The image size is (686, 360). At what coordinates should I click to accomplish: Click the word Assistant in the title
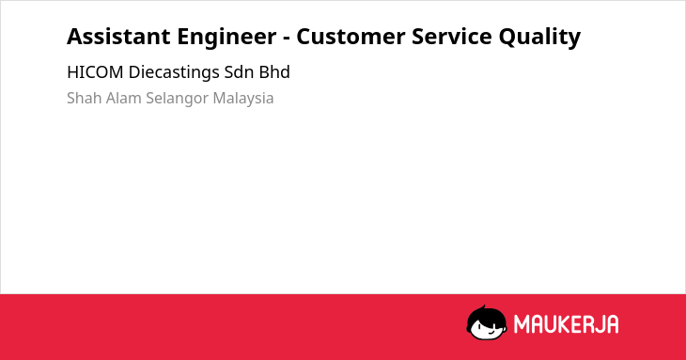[118, 37]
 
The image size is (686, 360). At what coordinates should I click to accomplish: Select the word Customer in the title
[351, 37]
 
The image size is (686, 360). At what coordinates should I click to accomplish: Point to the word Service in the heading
[451, 37]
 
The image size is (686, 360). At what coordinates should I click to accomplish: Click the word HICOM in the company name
[95, 72]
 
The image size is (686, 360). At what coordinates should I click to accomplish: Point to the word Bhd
[274, 72]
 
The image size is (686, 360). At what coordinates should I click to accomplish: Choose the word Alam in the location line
[123, 98]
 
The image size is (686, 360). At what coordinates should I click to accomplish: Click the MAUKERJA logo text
[566, 324]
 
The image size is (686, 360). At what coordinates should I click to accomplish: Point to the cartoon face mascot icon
[487, 323]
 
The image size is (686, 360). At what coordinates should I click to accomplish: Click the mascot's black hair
[486, 315]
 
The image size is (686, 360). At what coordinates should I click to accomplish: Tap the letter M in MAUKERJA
[522, 324]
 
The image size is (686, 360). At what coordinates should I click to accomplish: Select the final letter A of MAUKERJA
[612, 324]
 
